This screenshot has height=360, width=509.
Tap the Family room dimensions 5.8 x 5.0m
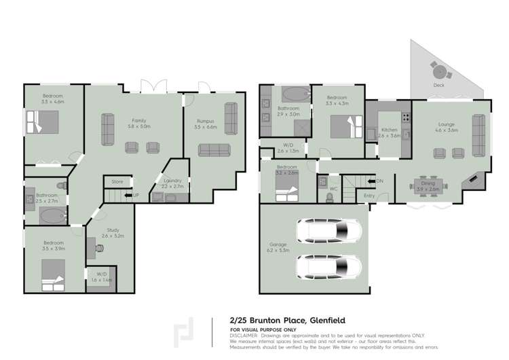pyautogui.click(x=140, y=126)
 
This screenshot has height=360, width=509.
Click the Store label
pyautogui.click(x=117, y=181)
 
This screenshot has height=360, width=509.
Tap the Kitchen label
pyautogui.click(x=389, y=129)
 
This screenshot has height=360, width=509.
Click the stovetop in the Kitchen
pyautogui.click(x=405, y=117)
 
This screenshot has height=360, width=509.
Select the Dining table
pyautogui.click(x=428, y=183)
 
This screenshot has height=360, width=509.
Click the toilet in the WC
pyautogui.click(x=330, y=197)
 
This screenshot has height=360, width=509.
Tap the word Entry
pyautogui.click(x=369, y=196)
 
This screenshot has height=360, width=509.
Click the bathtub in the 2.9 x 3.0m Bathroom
pyautogui.click(x=296, y=92)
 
